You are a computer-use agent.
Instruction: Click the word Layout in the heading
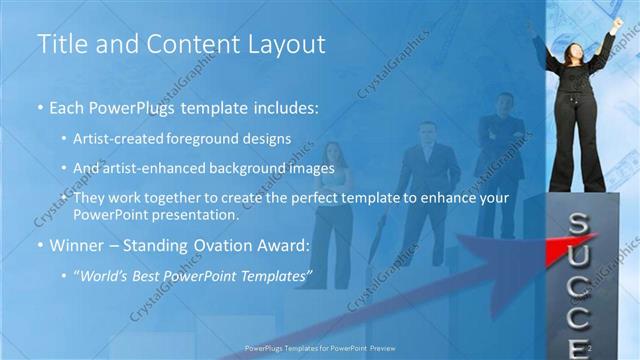[x=286, y=44]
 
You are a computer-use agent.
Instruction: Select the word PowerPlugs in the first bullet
[x=134, y=106]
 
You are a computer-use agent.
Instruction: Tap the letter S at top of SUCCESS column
[x=577, y=222]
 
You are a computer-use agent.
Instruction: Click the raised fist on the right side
[x=617, y=22]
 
